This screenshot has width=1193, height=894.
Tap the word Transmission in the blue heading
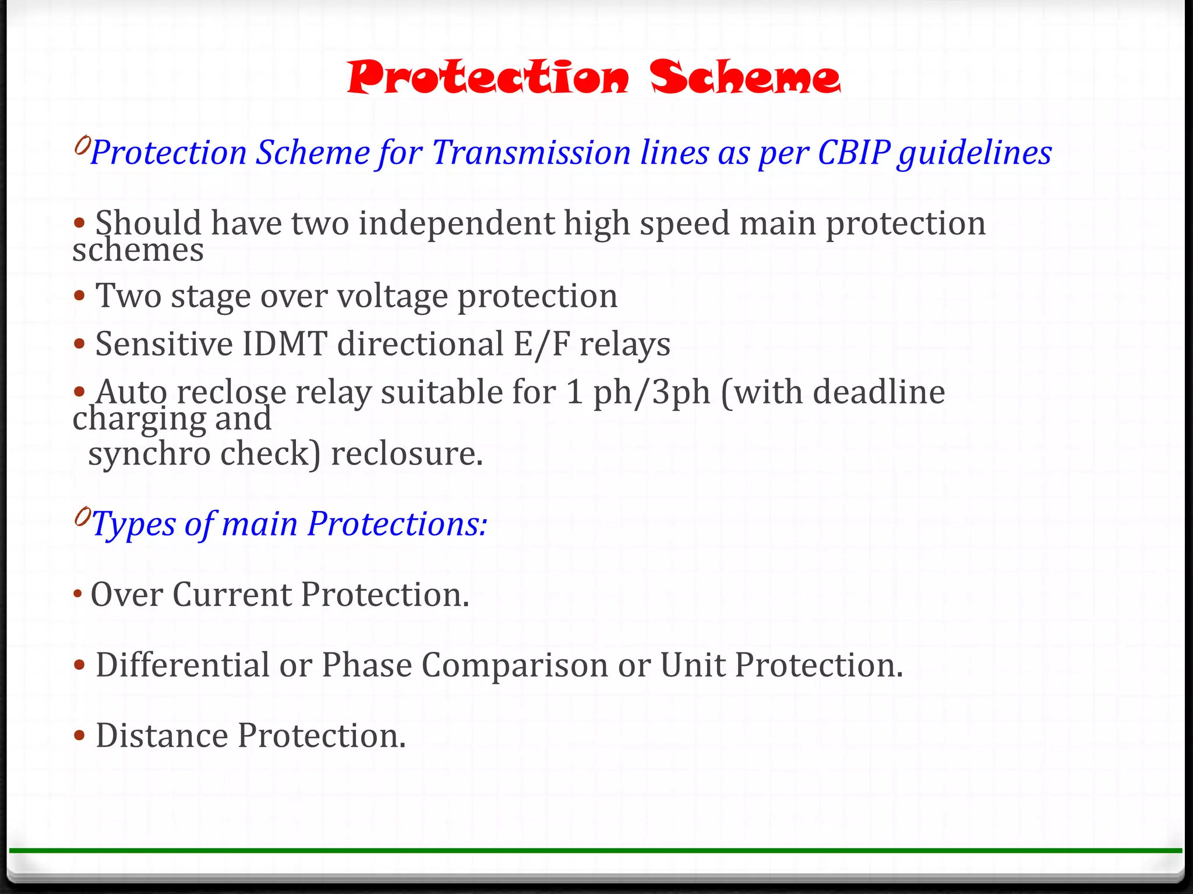tap(531, 153)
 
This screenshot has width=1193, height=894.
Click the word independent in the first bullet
tap(456, 223)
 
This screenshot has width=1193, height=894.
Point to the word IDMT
tap(284, 344)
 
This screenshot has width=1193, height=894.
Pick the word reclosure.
tap(407, 453)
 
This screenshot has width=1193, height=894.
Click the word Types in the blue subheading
tap(133, 524)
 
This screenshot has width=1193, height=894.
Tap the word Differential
tap(182, 665)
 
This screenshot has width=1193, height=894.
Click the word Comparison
tap(514, 665)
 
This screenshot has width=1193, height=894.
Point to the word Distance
tap(161, 736)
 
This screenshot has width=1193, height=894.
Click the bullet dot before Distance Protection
tap(80, 736)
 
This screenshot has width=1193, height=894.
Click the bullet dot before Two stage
tap(80, 296)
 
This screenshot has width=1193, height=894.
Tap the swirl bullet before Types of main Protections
tap(82, 516)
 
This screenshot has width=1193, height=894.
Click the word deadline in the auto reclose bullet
tap(878, 392)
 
